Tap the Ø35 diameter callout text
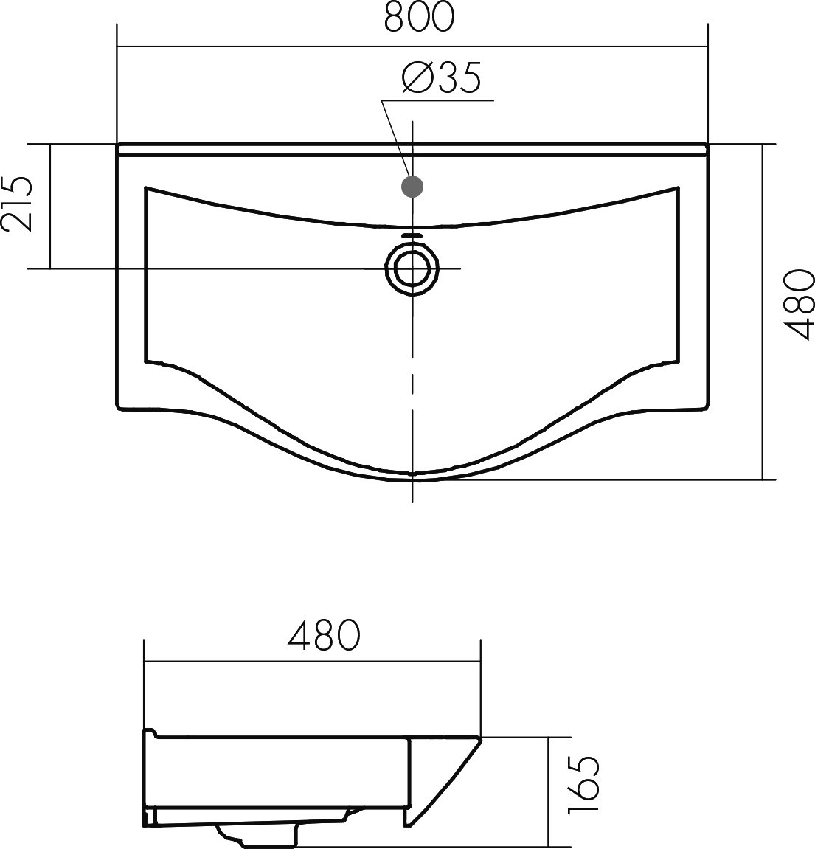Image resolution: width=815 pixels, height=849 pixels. coord(441,78)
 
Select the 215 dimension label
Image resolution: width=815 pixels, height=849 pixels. coord(18,204)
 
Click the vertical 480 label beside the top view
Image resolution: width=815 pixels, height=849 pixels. coord(797,304)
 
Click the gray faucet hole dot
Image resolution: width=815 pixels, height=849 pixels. coord(412,187)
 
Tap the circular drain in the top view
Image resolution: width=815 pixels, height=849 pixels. coord(412,268)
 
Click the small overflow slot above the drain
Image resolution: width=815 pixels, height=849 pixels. coord(412,235)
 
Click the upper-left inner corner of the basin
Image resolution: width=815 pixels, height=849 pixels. coord(148,188)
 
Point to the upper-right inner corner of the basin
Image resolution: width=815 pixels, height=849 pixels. coord(676,188)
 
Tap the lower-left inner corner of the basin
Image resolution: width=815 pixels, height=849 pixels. coord(148,361)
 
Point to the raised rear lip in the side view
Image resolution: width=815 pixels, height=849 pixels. coord(148,733)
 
